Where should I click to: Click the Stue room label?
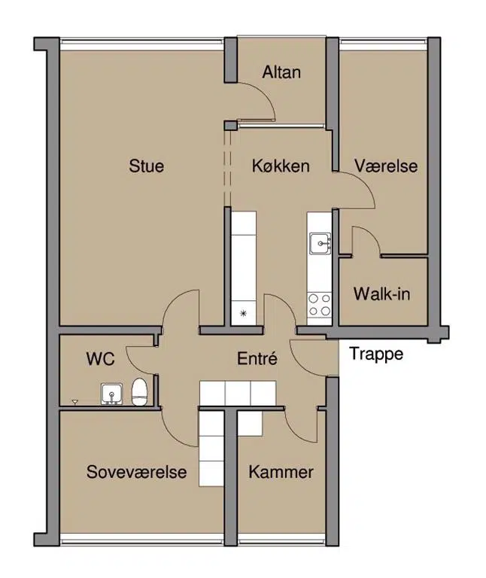tap(146, 166)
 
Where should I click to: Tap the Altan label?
tap(281, 72)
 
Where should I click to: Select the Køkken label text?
tap(281, 166)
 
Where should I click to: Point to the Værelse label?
tap(386, 166)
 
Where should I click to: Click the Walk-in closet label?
tap(381, 294)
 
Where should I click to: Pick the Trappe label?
tap(376, 354)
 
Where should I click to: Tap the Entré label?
tap(257, 359)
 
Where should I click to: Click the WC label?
tap(101, 359)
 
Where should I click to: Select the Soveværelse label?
tap(137, 472)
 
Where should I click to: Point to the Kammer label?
tap(281, 472)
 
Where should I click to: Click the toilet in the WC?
tap(140, 392)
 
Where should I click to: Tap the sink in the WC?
tap(111, 394)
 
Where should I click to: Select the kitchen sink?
tap(320, 243)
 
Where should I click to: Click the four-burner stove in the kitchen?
tap(320, 305)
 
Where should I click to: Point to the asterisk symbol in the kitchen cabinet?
tap(243, 313)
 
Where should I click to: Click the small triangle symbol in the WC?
tap(74, 401)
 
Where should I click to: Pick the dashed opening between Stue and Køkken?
tap(227, 169)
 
